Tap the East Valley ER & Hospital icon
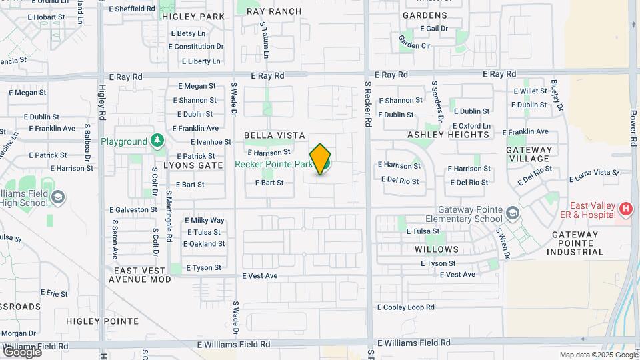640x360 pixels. point(625,209)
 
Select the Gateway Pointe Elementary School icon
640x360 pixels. point(512,213)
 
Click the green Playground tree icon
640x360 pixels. point(157,141)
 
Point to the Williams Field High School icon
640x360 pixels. point(58,197)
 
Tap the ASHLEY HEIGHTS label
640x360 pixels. point(448,135)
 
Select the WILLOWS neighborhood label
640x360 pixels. point(437,249)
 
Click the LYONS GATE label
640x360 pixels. point(193,165)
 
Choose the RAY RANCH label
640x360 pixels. point(273,11)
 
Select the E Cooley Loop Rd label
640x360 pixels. point(406,307)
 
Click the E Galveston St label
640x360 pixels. point(134,209)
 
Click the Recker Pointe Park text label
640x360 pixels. point(274,164)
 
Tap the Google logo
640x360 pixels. point(21,351)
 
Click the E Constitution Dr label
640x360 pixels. point(196,47)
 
